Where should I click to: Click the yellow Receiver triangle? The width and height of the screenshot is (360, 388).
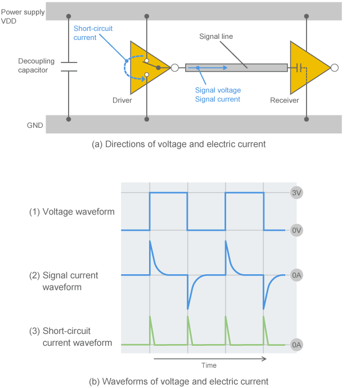pyautogui.click(x=307, y=68)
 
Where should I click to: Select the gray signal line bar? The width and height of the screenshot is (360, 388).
pyautogui.click(x=236, y=68)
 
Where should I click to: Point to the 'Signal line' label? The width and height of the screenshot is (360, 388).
pyautogui.click(x=215, y=37)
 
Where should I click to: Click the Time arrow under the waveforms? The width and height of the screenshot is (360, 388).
pyautogui.click(x=209, y=358)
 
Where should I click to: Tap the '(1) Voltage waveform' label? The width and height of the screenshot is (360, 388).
pyautogui.click(x=71, y=212)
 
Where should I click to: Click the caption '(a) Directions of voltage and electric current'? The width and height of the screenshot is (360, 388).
pyautogui.click(x=178, y=144)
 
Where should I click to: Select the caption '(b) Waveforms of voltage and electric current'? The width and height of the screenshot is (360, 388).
pyautogui.click(x=178, y=381)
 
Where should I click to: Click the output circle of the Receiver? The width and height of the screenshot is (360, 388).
pyautogui.click(x=335, y=68)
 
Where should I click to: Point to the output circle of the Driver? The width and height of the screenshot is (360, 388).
pyautogui.click(x=175, y=68)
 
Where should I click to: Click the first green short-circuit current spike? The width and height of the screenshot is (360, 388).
pyautogui.click(x=151, y=329)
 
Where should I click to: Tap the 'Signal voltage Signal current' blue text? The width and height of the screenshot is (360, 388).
pyautogui.click(x=218, y=95)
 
